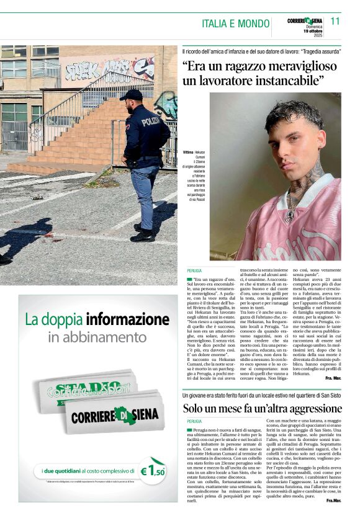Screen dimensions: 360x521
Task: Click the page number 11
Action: click(335, 21)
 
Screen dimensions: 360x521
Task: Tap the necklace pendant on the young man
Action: click(290, 215)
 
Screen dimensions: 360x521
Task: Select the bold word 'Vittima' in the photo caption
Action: click(188, 152)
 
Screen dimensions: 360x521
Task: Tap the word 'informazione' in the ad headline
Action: click(127, 319)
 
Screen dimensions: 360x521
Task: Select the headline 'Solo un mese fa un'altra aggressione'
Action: click(262, 409)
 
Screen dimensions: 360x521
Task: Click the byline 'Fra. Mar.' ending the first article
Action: click(333, 378)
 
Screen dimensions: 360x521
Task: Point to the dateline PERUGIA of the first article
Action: click(194, 272)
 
